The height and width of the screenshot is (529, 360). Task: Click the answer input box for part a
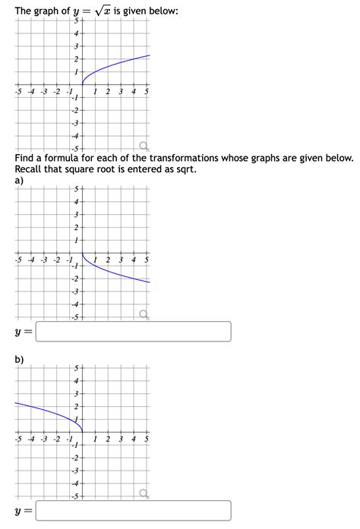[133, 332]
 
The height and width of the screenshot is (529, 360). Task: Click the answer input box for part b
[133, 511]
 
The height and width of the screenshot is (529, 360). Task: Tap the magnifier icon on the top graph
[143, 145]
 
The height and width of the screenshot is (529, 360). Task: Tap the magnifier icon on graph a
[143, 315]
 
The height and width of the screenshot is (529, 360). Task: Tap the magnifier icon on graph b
[143, 494]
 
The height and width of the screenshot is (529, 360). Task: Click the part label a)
[19, 181]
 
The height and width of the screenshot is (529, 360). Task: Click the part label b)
[19, 359]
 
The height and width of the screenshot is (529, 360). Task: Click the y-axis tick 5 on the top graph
[77, 20]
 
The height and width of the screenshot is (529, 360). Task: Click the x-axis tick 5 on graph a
[147, 260]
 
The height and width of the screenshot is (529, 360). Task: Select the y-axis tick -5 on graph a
[75, 316]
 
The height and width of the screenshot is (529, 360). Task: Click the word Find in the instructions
[24, 158]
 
